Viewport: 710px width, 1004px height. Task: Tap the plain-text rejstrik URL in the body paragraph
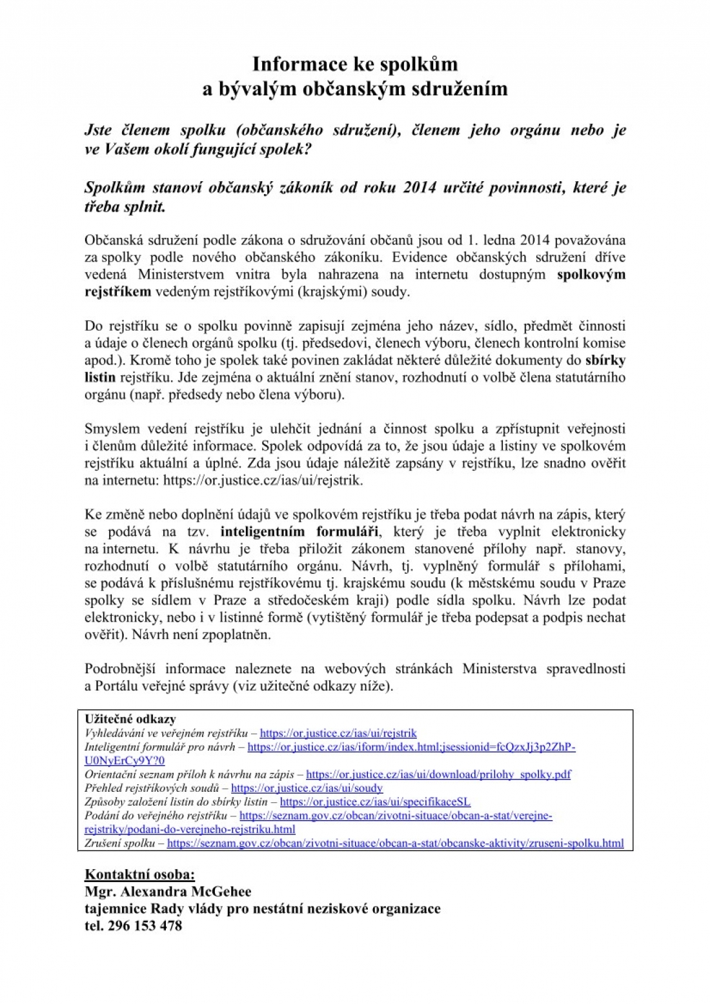tap(263, 480)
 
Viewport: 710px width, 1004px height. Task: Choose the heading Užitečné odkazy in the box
tap(130, 719)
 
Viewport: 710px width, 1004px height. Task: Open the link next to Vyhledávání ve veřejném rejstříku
tap(338, 733)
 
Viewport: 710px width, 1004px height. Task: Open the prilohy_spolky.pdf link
tap(438, 774)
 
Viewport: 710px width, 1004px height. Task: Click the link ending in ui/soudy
tap(307, 788)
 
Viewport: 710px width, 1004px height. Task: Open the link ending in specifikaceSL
tap(375, 802)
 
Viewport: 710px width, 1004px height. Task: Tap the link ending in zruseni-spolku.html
tap(395, 843)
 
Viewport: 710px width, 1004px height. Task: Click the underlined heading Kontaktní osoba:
tap(139, 875)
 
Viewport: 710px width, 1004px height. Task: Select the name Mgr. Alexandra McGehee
tap(168, 892)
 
